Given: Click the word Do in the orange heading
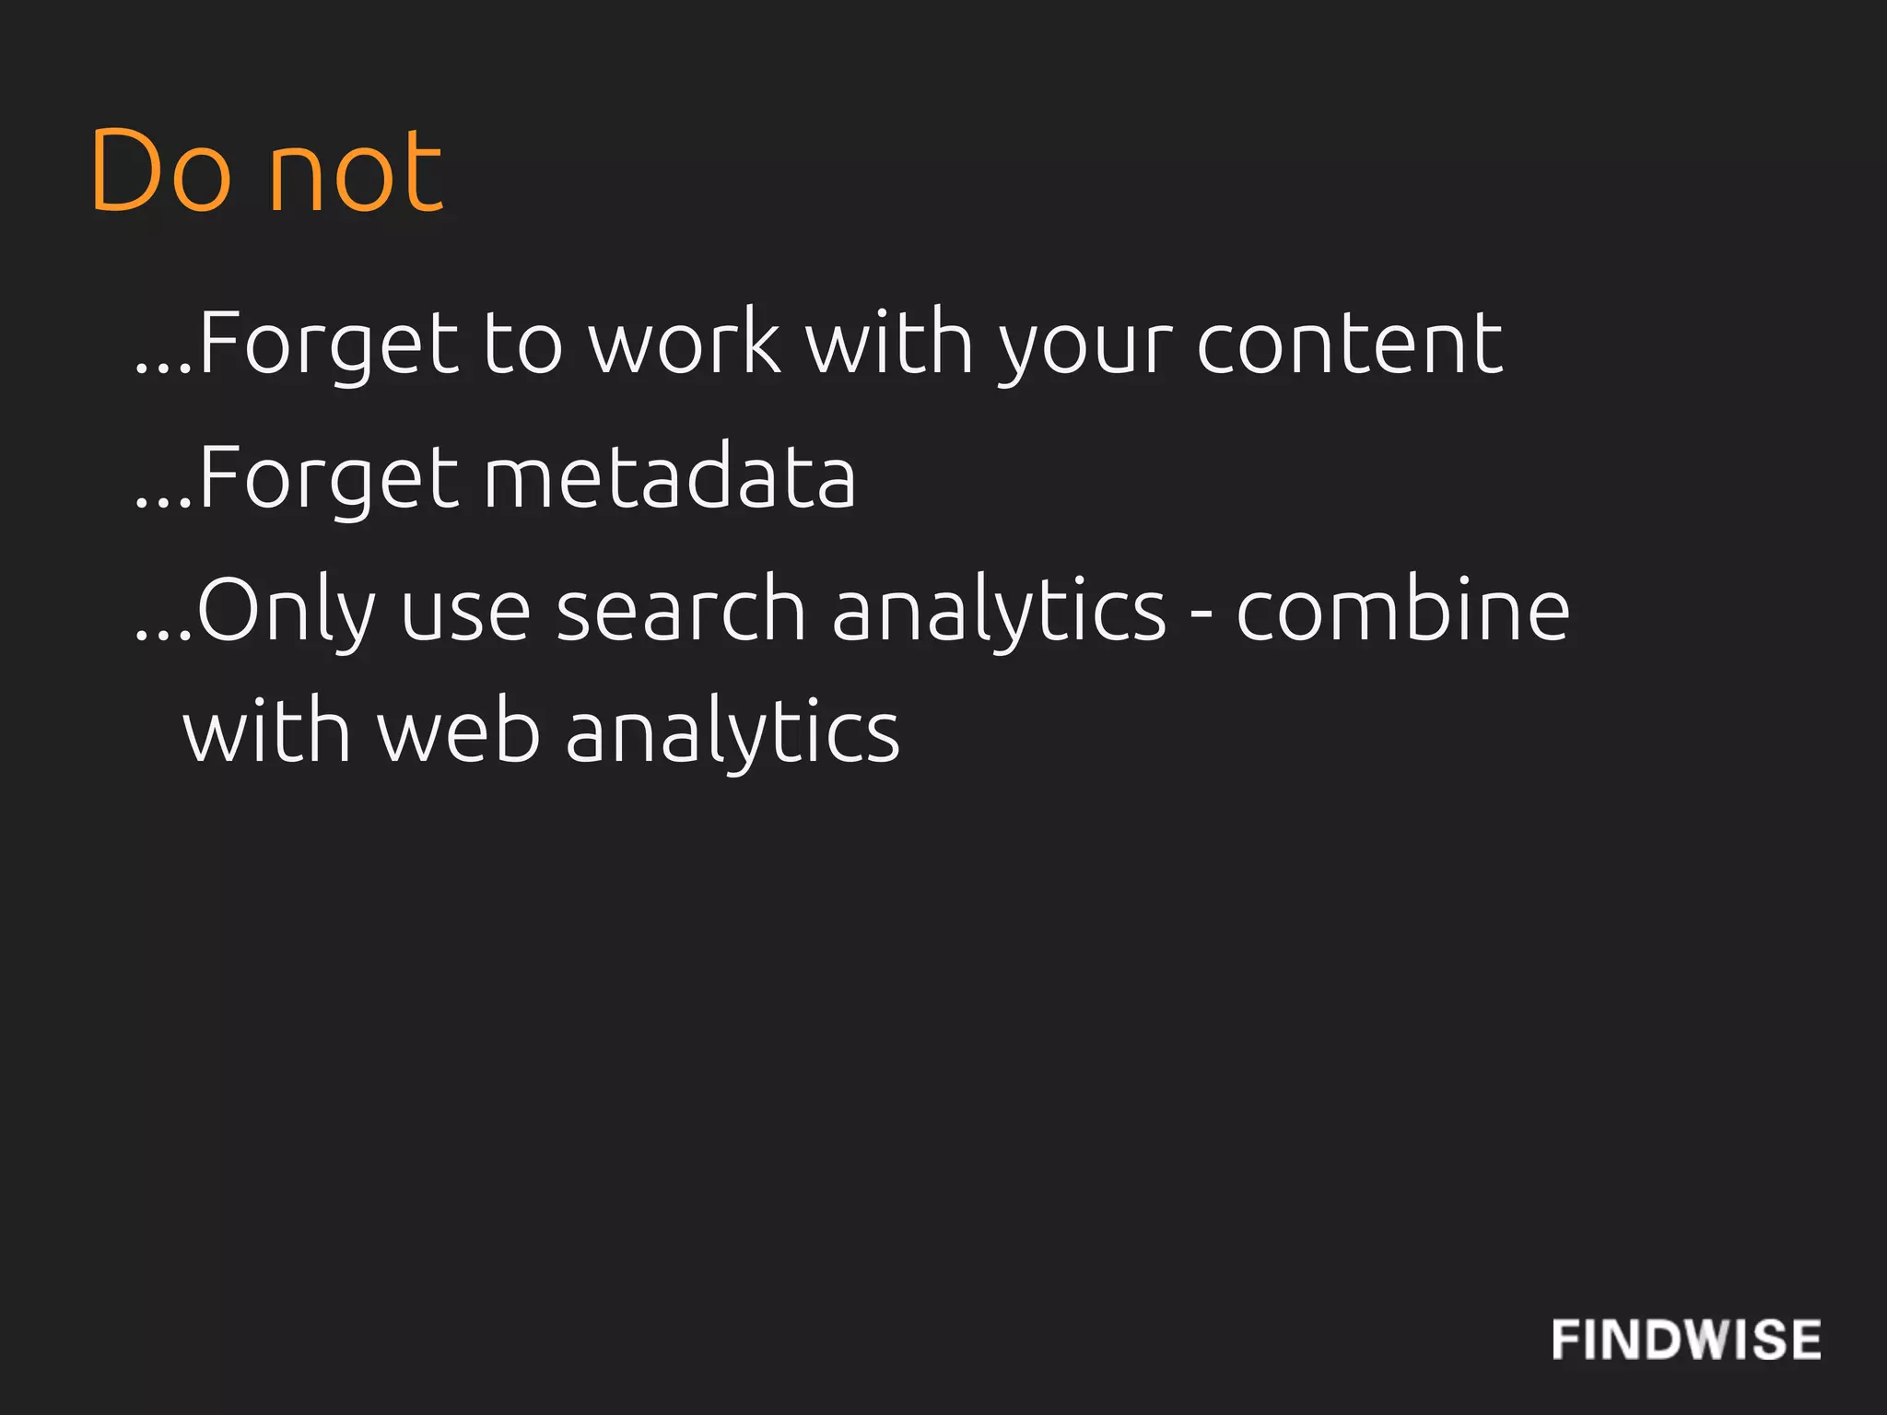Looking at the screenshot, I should (x=160, y=172).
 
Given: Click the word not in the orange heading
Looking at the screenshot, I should (x=356, y=172).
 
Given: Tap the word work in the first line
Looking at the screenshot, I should (x=685, y=343).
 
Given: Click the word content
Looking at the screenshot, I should (x=1350, y=343).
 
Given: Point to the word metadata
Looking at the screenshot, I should (x=670, y=477).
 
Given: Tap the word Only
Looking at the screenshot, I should (x=286, y=612).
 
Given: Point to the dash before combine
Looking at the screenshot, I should (x=1201, y=612).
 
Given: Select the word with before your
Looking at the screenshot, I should (x=889, y=343).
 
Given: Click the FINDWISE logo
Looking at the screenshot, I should (x=1685, y=1339).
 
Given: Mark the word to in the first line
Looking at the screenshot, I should (x=522, y=345).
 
